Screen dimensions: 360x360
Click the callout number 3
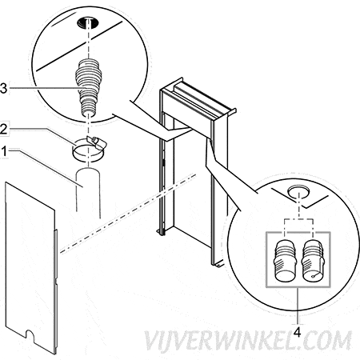[x=3, y=88]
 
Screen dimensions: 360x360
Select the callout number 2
[x=3, y=130]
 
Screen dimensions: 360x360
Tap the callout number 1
[x=4, y=151]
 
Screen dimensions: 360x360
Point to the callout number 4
[x=297, y=332]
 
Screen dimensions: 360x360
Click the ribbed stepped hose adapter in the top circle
[x=88, y=86]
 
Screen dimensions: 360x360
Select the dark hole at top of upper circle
[x=88, y=22]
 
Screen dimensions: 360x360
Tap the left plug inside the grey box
[x=285, y=261]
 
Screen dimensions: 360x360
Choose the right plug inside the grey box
[x=314, y=261]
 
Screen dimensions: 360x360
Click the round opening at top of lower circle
[x=298, y=191]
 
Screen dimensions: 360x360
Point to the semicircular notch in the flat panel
[x=30, y=335]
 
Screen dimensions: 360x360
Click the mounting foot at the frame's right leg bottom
[x=218, y=263]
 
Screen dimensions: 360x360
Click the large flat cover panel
[x=30, y=266]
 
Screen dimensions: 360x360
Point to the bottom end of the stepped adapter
[x=88, y=114]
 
